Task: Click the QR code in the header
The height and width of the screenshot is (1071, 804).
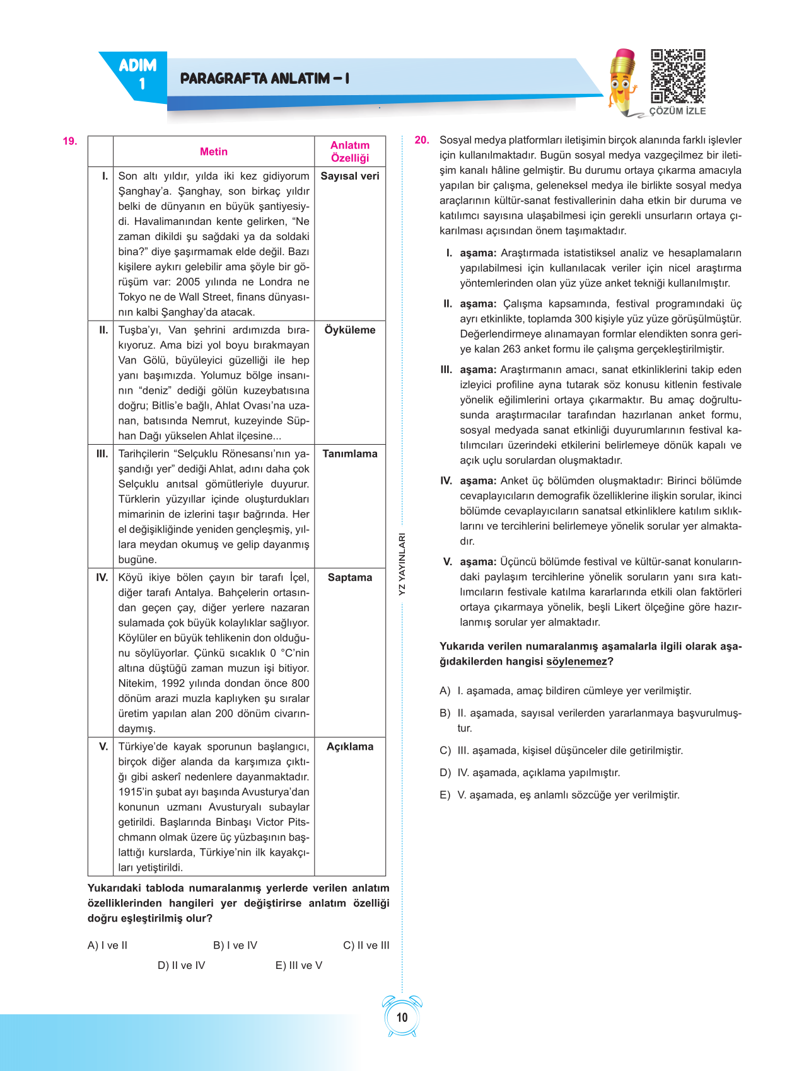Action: coord(678,76)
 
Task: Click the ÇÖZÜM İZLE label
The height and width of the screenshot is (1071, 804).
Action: coord(678,111)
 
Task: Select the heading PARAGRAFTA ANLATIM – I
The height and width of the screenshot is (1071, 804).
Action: coord(265,79)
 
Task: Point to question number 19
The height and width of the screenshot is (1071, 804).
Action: coord(70,141)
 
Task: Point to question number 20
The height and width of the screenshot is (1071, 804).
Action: coord(422,140)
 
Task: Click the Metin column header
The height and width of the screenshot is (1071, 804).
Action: coord(214,152)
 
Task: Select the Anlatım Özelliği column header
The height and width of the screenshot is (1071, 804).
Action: coord(350,152)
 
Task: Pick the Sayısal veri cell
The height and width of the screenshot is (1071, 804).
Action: coord(350,176)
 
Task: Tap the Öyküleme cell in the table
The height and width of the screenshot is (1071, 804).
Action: coord(350,330)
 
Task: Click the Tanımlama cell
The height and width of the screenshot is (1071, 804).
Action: coord(350,454)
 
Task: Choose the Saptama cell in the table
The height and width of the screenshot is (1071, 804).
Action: coord(350,578)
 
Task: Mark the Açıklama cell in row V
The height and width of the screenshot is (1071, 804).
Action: coord(350,747)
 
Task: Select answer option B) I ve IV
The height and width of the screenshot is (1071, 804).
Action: coord(235,946)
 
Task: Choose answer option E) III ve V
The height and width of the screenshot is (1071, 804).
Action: coord(299,966)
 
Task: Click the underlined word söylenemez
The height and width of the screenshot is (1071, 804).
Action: coord(576,661)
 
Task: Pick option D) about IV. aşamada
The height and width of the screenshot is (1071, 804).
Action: coord(530,773)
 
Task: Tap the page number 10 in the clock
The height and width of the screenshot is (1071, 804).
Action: coord(402,1017)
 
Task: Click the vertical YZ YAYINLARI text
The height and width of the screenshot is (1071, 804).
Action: coord(402,564)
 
